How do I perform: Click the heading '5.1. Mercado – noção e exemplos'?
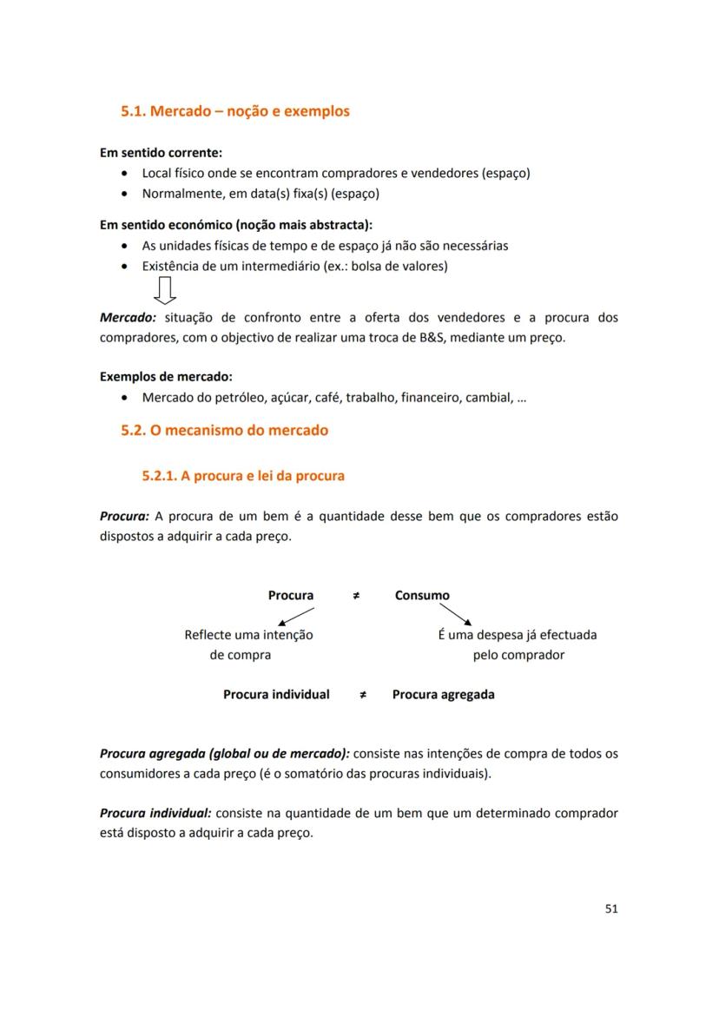[235, 111]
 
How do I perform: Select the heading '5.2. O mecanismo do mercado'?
[224, 430]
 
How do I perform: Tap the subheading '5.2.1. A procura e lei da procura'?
[243, 476]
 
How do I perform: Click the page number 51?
[610, 908]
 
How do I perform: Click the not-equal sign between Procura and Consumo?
[356, 596]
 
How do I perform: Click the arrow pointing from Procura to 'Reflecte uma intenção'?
[294, 616]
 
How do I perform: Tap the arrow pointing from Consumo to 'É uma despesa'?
[455, 614]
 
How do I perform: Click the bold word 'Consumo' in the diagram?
[422, 596]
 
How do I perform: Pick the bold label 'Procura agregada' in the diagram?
[443, 695]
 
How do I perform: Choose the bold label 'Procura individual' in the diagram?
[276, 695]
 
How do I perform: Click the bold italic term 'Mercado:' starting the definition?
[128, 318]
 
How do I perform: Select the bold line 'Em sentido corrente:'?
[161, 153]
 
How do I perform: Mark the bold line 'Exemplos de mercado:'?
[166, 377]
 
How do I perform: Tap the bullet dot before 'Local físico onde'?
[127, 173]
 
